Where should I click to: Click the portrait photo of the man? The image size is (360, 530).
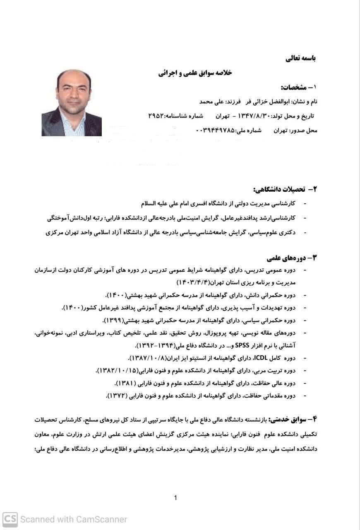(x=72, y=103)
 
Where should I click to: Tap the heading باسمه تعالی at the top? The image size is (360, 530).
(x=300, y=58)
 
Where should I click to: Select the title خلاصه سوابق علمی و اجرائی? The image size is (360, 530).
(x=195, y=73)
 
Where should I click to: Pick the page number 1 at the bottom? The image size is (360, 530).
(x=176, y=498)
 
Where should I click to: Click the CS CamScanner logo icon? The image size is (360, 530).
(x=10, y=519)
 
